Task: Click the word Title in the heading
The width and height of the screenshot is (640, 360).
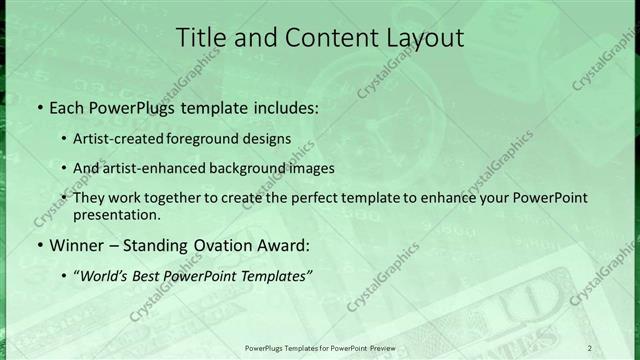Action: [x=199, y=39]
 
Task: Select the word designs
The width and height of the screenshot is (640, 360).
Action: [x=270, y=138]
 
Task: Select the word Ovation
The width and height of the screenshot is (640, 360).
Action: [x=221, y=244]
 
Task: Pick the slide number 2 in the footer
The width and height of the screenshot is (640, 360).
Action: [x=589, y=347]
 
